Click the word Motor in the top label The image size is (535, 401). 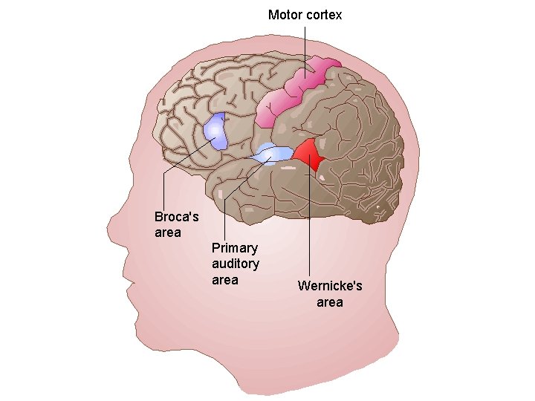[285, 15]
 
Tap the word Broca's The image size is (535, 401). [176, 217]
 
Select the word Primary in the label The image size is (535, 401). [234, 248]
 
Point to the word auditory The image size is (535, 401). [235, 264]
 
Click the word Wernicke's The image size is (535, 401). [330, 286]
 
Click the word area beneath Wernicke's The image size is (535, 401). [329, 302]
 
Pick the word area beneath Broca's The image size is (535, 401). [167, 232]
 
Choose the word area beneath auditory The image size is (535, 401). [224, 280]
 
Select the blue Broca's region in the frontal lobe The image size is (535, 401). [215, 131]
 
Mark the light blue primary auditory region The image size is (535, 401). [273, 154]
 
